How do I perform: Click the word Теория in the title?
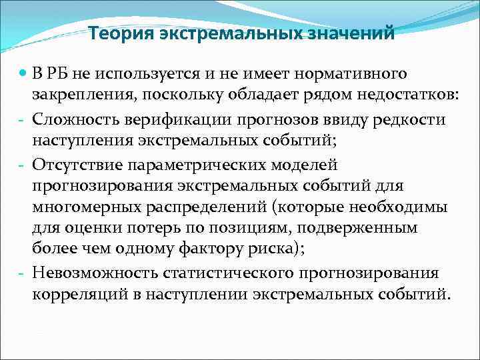pos(121,33)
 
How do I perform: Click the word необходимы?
pos(395,207)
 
